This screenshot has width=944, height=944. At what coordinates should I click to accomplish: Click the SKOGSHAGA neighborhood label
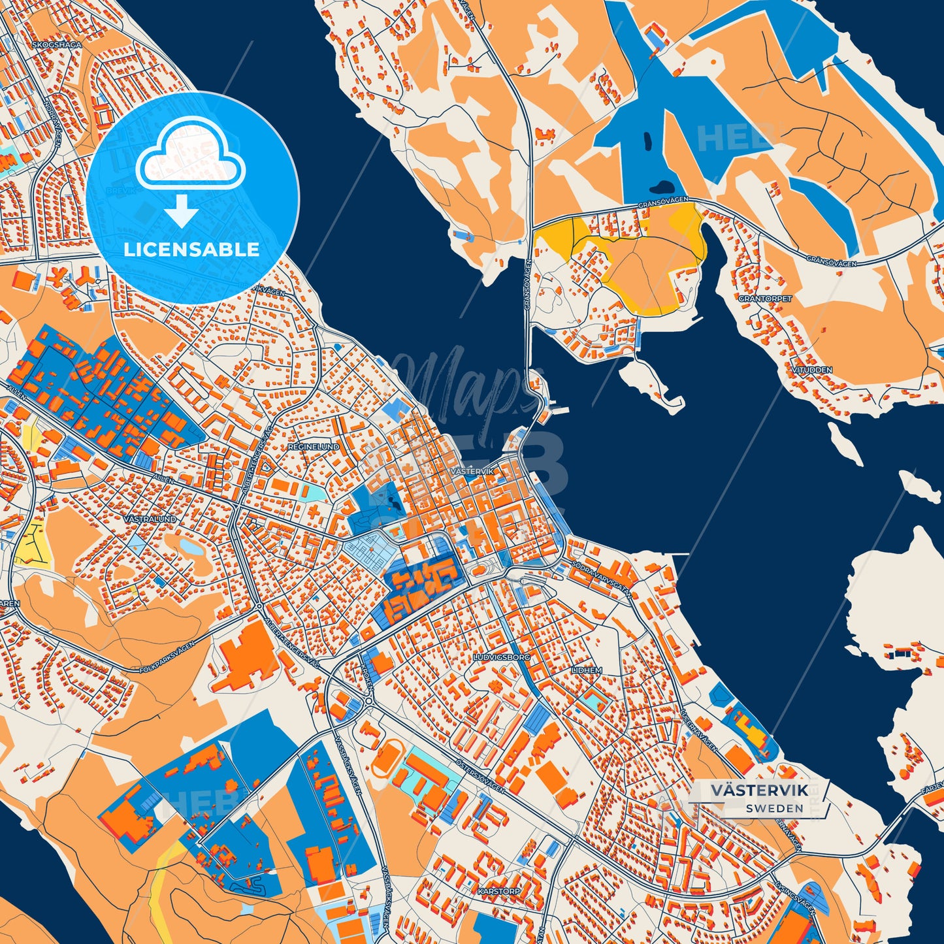57,45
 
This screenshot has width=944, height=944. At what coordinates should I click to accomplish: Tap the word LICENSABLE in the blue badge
191,250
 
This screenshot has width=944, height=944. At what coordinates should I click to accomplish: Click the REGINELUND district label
314,447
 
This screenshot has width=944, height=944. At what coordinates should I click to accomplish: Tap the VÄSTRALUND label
149,518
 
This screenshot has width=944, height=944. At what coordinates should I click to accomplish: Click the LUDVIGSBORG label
501,657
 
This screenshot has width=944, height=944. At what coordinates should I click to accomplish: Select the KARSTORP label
498,890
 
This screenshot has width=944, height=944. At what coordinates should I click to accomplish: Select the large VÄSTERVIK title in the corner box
759,790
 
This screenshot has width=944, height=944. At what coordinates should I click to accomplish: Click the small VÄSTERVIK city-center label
472,471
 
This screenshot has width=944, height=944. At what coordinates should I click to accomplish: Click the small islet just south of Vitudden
845,444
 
